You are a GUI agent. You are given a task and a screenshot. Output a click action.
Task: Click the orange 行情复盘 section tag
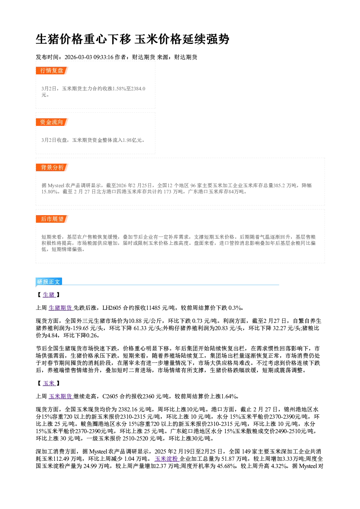pyautogui.click(x=52, y=70)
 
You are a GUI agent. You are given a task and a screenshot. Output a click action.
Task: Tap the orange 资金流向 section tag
pyautogui.click(x=52, y=122)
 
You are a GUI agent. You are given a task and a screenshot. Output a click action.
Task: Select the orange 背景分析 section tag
pyautogui.click(x=52, y=168)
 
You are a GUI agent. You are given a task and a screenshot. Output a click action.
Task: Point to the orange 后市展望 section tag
pyautogui.click(x=52, y=219)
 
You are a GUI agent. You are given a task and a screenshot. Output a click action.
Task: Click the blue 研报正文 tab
pyautogui.click(x=49, y=282)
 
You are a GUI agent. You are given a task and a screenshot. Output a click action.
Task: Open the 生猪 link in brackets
pyautogui.click(x=49, y=295)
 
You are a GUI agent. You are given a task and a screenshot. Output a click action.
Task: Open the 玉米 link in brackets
pyautogui.click(x=49, y=383)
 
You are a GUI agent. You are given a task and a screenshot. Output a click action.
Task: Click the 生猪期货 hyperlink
pyautogui.click(x=61, y=308)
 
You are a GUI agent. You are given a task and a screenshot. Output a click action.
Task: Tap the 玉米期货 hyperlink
pyautogui.click(x=61, y=397)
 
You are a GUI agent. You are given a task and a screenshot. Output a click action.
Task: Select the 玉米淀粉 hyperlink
pyautogui.click(x=167, y=459)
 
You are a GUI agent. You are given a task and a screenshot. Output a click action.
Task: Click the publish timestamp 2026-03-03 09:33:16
pyautogui.click(x=89, y=57)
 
